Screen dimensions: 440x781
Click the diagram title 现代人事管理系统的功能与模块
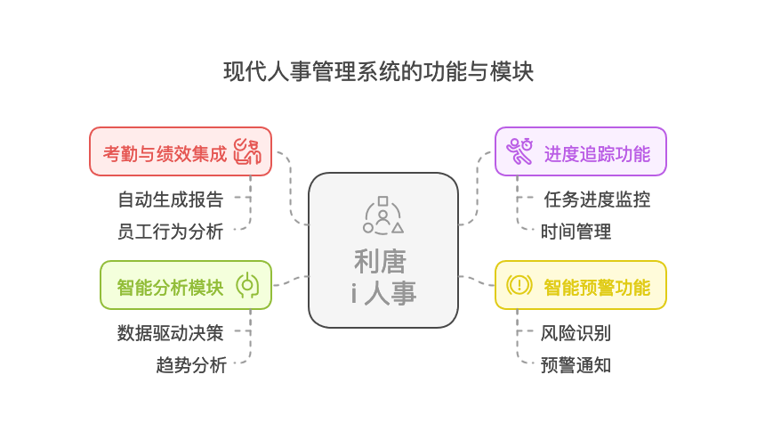click(x=379, y=71)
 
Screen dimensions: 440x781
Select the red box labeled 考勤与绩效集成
click(x=165, y=152)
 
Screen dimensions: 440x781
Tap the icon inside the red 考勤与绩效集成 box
click(x=246, y=151)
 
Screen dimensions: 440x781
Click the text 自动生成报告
click(x=171, y=199)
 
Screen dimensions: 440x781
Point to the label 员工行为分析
click(x=171, y=232)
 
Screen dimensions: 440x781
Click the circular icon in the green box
click(x=246, y=285)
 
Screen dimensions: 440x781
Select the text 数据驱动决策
click(x=171, y=333)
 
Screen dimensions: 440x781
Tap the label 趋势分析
click(x=191, y=365)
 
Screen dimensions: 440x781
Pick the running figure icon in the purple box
click(x=519, y=151)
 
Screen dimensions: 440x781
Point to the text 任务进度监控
click(x=597, y=200)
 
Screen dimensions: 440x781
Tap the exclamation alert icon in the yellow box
click(x=519, y=285)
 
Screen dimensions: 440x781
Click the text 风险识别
click(x=576, y=334)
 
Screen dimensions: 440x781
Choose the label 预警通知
click(x=576, y=365)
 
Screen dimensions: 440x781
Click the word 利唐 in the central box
click(x=380, y=261)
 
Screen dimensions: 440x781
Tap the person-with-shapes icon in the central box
click(x=383, y=216)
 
